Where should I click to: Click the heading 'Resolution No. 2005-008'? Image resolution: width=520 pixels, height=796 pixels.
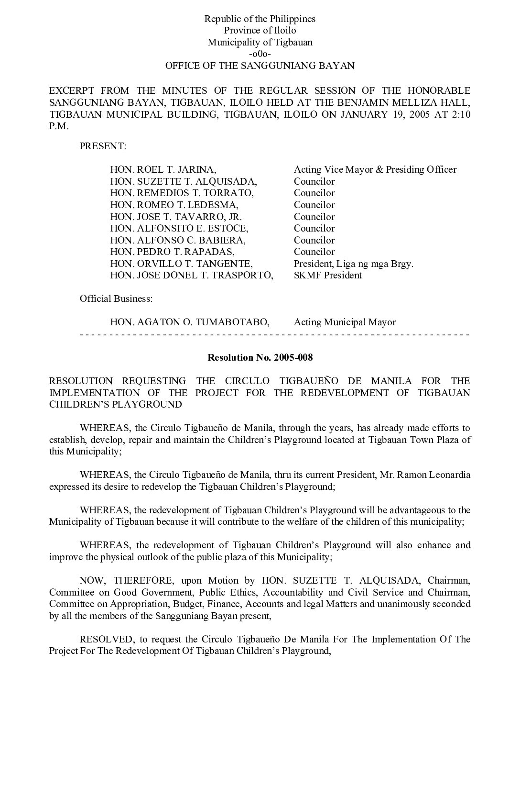coord(260,357)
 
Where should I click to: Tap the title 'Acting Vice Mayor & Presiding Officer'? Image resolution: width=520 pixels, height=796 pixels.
coord(375,169)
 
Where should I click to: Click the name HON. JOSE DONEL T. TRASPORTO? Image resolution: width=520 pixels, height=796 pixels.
coord(192,275)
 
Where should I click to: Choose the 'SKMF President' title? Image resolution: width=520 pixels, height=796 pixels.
coord(327,275)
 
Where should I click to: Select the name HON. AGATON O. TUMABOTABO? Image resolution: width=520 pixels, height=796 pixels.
coord(190,322)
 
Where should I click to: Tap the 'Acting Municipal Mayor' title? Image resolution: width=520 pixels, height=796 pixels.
coord(345,322)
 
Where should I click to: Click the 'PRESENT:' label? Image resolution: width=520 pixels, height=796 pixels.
coord(103,146)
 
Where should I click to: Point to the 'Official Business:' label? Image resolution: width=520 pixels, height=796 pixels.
coord(116,298)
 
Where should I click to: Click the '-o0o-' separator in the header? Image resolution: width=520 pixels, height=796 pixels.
coord(260,54)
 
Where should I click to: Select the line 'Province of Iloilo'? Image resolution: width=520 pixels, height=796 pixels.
coord(260,31)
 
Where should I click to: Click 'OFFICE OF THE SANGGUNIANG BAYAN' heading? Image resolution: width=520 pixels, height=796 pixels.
coord(260,66)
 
